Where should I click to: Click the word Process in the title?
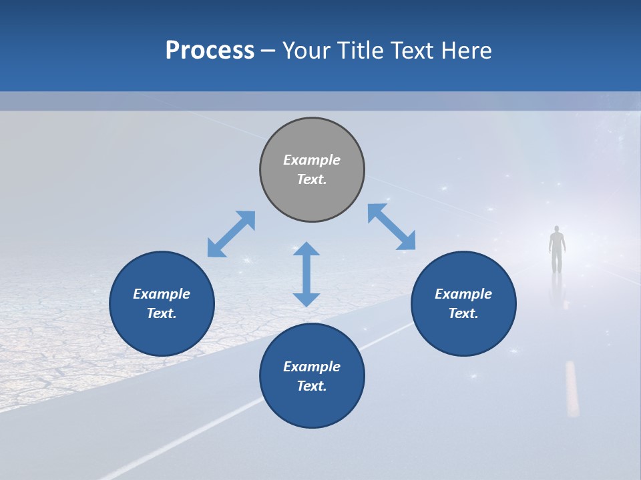point(210,51)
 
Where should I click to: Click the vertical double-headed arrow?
point(306,274)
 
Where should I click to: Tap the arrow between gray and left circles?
point(231,234)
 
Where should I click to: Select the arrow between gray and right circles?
point(391,227)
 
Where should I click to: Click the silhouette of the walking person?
point(557,250)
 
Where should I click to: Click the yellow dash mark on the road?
point(572,389)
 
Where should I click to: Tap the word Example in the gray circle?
point(312,160)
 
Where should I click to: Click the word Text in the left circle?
point(162,313)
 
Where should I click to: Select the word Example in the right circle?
point(463,294)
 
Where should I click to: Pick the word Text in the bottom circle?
point(312,386)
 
